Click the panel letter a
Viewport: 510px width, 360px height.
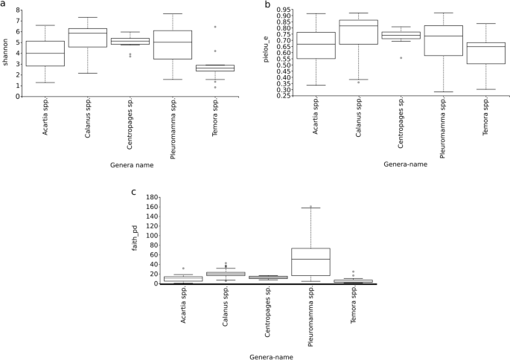tap(4, 4)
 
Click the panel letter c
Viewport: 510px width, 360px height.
tap(134, 192)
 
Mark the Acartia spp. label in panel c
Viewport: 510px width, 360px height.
tap(183, 311)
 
